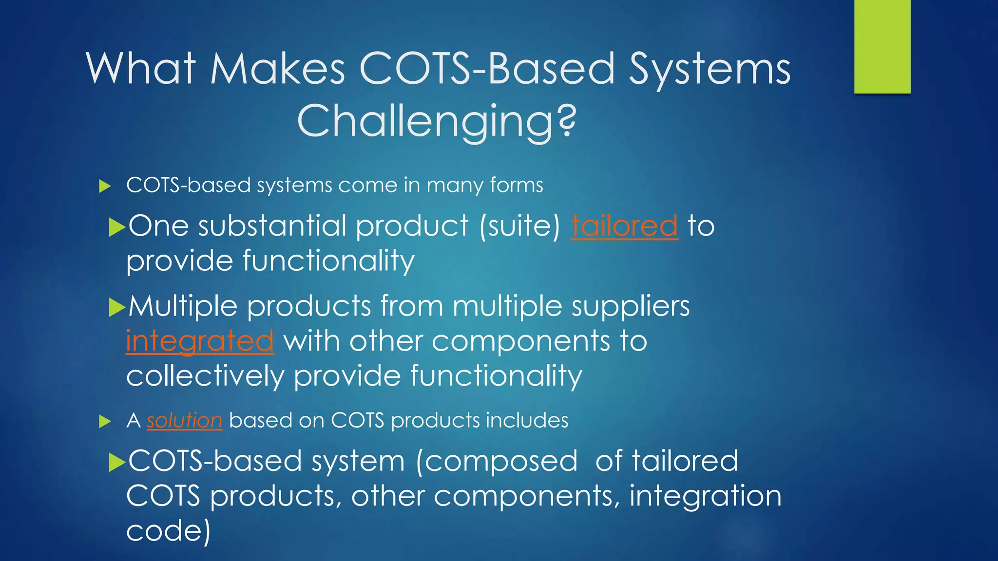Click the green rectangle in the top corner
tap(882, 47)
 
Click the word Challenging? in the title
tap(437, 121)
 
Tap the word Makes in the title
tap(278, 69)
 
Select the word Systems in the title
tap(710, 70)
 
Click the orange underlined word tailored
tap(624, 226)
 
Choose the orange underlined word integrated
tap(200, 341)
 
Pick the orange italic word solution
tap(185, 420)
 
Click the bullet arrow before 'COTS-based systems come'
tap(105, 186)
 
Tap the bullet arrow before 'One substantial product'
tap(117, 227)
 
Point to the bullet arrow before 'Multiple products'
tap(117, 307)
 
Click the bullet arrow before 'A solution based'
tap(105, 421)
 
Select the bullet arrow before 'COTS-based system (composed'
tap(117, 462)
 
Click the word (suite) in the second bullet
tap(520, 226)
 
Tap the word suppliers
tap(631, 307)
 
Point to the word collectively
tap(205, 376)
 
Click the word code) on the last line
tap(169, 531)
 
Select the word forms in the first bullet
tap(517, 185)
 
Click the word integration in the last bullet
tap(705, 496)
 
